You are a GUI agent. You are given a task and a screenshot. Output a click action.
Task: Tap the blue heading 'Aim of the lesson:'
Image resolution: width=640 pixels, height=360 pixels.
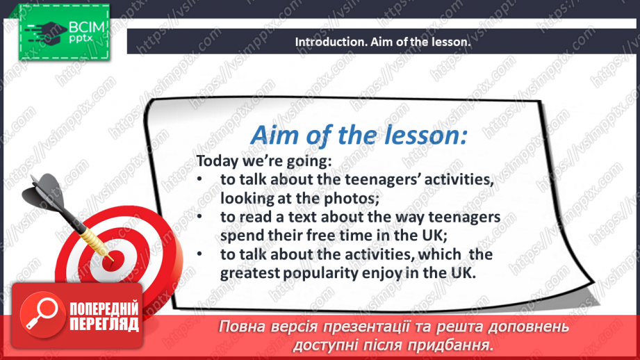point(359,135)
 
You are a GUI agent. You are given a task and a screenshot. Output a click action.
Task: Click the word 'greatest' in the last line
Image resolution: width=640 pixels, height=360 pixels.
point(249,273)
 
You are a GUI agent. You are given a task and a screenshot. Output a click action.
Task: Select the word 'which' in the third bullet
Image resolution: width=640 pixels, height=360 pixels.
point(440,254)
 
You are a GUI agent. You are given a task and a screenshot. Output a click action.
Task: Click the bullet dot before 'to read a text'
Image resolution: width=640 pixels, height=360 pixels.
point(199,216)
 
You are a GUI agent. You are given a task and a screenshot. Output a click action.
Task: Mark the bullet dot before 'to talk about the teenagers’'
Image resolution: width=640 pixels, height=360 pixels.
point(199,179)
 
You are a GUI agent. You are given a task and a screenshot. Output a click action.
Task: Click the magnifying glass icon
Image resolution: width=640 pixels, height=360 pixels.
point(42,314)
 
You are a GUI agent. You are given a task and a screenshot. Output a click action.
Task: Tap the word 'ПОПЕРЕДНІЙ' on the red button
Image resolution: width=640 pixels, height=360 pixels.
point(104,309)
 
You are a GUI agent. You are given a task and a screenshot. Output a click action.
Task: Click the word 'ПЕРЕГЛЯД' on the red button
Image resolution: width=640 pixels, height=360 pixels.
point(104,325)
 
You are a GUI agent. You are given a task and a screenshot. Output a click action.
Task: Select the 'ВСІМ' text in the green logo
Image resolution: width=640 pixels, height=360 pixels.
point(87,27)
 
